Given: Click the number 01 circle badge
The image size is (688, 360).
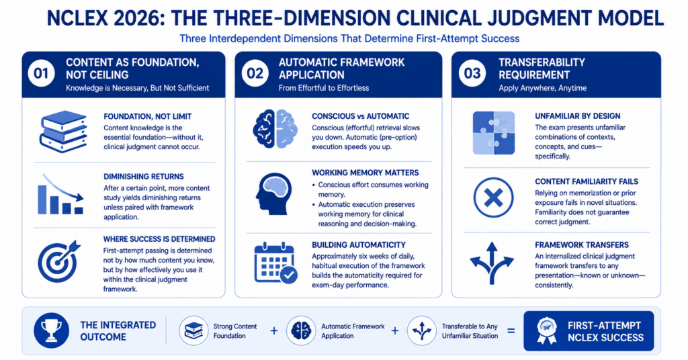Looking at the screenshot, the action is (41, 73).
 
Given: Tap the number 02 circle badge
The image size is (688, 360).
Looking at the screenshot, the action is (255, 73).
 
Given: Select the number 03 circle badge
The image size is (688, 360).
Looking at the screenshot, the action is (472, 73).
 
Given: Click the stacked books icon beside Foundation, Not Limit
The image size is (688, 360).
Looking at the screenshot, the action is (63, 132).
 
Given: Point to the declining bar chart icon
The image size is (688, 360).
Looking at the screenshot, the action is (60, 194).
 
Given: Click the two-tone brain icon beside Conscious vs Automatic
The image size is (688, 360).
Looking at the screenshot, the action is (275, 129).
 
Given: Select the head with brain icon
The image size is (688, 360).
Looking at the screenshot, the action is (274, 193).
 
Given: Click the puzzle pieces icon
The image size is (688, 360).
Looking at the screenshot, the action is (494, 133).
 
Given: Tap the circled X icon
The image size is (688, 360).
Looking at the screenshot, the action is (493, 197).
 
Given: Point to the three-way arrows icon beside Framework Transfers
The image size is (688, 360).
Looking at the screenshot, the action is (492, 263).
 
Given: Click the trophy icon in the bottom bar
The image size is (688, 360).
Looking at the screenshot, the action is (51, 330).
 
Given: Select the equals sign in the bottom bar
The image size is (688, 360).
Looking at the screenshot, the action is (511, 330).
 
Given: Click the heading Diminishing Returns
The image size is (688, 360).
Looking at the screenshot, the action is (144, 177).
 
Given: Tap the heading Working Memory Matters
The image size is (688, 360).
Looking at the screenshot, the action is (365, 173).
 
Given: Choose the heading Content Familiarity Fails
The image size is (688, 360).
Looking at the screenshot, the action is (587, 181).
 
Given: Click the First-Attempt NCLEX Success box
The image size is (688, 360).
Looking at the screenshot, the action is (589, 331).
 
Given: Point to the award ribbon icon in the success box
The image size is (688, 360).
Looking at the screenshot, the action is (547, 330).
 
